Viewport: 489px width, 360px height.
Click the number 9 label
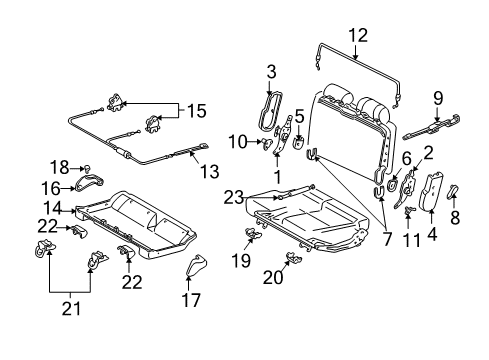coord(437,97)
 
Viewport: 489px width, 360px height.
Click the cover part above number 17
coord(194,267)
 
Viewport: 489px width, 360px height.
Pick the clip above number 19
coord(251,235)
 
